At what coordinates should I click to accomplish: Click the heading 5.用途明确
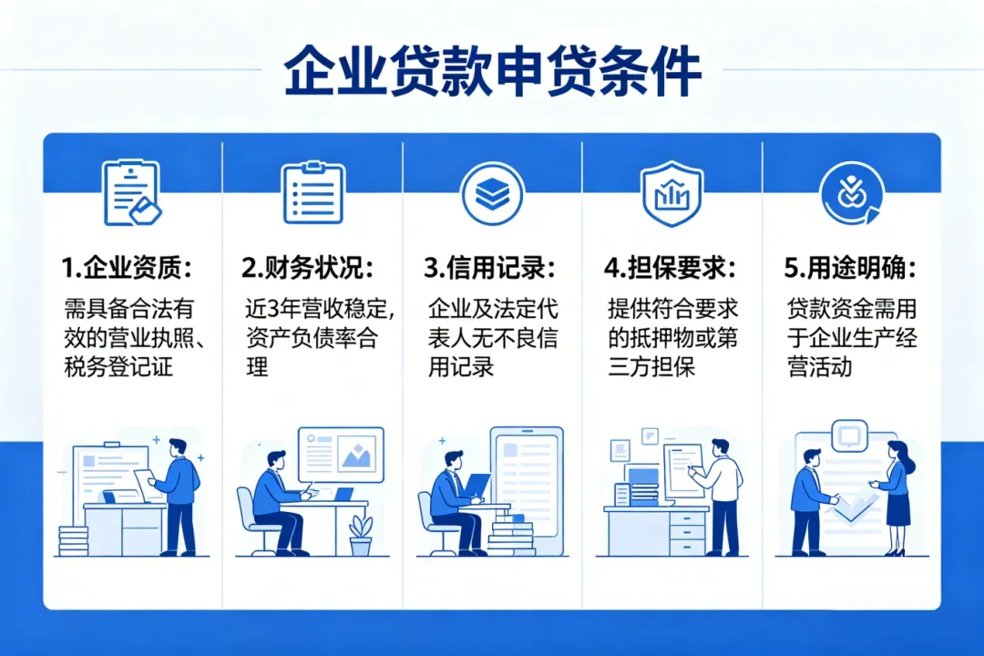(850, 268)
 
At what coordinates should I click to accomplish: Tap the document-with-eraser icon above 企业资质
(132, 193)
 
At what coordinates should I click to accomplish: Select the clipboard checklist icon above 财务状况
(313, 193)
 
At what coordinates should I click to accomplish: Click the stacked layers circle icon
(493, 193)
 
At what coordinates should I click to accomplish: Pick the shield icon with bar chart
(671, 193)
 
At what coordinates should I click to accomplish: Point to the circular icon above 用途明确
(851, 193)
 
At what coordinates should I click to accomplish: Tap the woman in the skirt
(896, 497)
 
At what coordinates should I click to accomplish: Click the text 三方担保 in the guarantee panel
(651, 367)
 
